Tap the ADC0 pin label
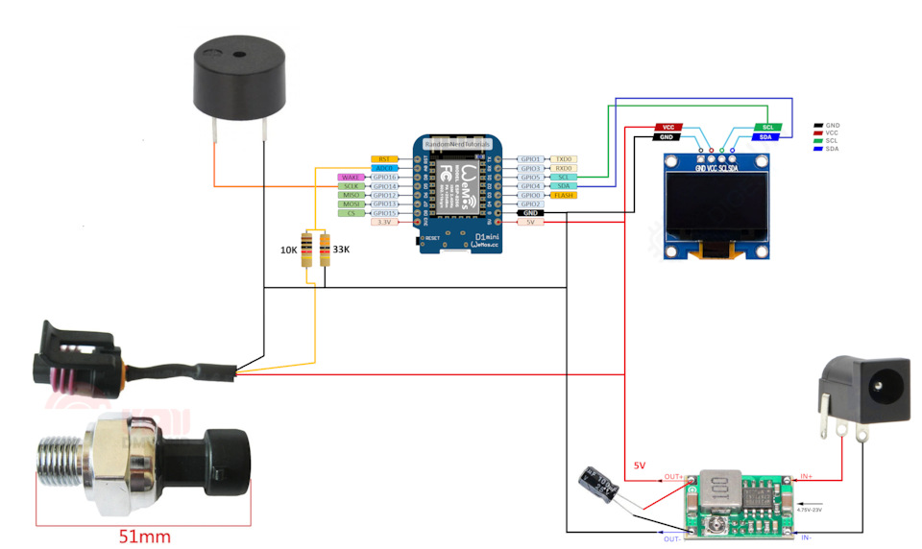(x=384, y=168)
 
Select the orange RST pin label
(x=384, y=158)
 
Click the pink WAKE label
(x=351, y=178)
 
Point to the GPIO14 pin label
(x=384, y=186)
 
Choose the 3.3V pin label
(x=384, y=222)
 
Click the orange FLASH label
(x=564, y=195)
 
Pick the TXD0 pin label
(x=564, y=158)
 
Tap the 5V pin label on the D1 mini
(x=530, y=222)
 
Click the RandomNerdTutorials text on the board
(x=457, y=143)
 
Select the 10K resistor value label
(x=288, y=250)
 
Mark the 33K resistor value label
(x=340, y=250)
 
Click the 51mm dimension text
(x=145, y=536)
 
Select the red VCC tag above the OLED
(x=669, y=127)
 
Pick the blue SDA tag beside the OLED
(x=765, y=137)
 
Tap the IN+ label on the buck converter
(x=806, y=476)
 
